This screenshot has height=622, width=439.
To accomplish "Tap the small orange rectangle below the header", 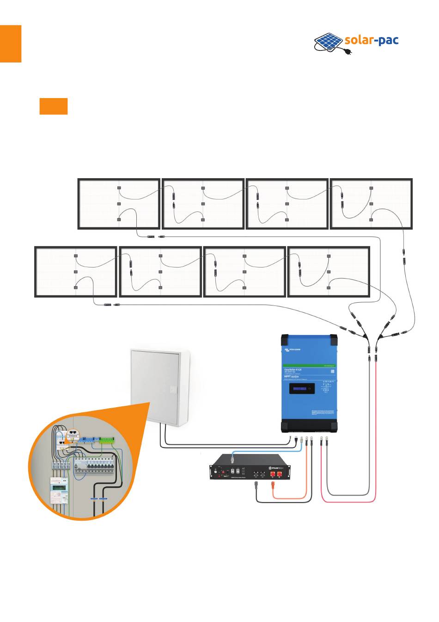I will pyautogui.click(x=54, y=106).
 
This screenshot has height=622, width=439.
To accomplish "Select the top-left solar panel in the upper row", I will pyautogui.click(x=119, y=204).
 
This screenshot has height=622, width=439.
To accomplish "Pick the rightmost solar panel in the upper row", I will pyautogui.click(x=371, y=204).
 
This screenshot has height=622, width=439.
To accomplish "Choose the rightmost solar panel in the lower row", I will pyautogui.click(x=329, y=272).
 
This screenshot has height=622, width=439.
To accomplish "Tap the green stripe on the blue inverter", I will pyautogui.click(x=310, y=367).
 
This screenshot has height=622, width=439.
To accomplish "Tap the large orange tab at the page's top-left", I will pyautogui.click(x=11, y=44).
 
